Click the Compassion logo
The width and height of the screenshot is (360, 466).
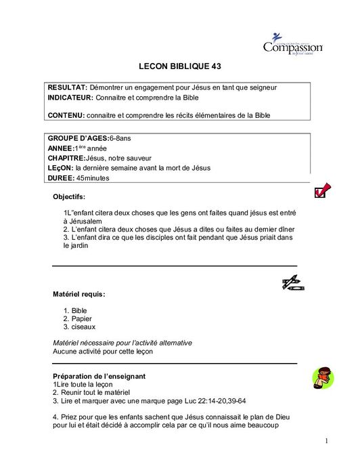[292, 45]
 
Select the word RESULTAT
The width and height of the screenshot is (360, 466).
[67, 88]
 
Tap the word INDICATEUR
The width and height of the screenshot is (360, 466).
[70, 98]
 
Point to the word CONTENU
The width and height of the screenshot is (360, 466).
[66, 115]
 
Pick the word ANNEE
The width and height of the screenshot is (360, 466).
[60, 148]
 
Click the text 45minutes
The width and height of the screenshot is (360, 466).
[93, 178]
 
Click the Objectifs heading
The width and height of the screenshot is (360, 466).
[69, 197]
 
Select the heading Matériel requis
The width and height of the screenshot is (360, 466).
[78, 294]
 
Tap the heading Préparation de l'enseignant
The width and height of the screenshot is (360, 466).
[100, 375]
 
